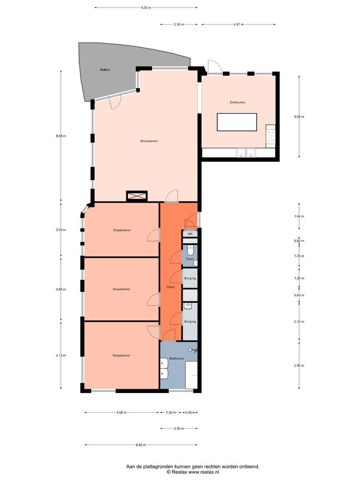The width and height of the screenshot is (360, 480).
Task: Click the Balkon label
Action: click(105, 70)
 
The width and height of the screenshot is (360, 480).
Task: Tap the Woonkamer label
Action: click(149, 141)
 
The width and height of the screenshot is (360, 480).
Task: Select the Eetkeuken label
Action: click(237, 102)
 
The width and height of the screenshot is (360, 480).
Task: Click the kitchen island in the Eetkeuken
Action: click(237, 122)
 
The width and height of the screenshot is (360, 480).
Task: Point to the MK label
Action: click(190, 234)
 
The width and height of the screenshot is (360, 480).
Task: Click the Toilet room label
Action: click(190, 259)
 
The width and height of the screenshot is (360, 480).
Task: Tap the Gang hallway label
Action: click(171, 287)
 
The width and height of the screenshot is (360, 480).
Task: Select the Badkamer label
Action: click(177, 359)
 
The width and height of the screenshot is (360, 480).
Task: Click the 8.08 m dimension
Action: click(60, 136)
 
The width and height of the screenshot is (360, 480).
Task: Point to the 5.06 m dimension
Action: click(299, 116)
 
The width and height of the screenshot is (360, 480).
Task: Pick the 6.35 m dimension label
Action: click(146, 8)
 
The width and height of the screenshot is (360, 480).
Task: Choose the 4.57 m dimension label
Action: click(239, 24)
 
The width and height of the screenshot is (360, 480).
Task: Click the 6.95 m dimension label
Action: click(141, 445)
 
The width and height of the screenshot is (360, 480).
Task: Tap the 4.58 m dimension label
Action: click(121, 412)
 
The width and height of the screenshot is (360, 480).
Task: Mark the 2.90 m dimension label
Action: click(299, 365)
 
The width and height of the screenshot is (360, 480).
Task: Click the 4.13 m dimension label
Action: click(60, 356)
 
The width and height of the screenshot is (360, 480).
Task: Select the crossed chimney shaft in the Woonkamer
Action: click(137, 196)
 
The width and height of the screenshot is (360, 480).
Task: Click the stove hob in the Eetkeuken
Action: click(271, 136)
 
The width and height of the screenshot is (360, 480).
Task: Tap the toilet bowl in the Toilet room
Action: click(190, 251)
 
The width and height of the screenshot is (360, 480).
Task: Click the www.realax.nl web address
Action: click(204, 472)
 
